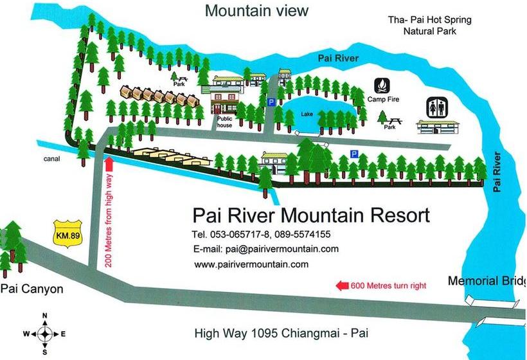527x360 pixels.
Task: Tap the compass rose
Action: pos(44,333)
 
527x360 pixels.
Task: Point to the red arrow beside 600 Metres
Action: pos(342,285)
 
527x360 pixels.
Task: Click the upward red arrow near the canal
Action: pos(109,163)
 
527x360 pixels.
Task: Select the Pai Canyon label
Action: pos(32,289)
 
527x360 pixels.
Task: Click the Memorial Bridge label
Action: pos(487,281)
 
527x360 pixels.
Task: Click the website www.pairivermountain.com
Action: pos(251,264)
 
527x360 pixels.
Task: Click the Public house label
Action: pos(224,122)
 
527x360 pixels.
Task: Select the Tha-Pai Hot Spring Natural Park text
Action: pos(429,24)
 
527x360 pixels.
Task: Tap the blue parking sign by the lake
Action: pos(271,102)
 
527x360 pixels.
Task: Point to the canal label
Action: pos(53,160)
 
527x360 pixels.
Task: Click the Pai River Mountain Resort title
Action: pos(311,215)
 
